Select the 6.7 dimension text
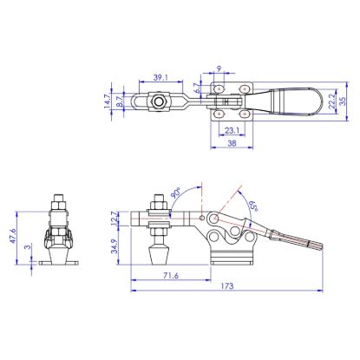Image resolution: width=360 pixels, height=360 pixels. [198, 87]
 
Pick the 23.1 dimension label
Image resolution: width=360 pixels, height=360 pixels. [232, 131]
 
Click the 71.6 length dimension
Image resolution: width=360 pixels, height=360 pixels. [170, 275]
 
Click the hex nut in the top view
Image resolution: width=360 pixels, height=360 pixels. [160, 101]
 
